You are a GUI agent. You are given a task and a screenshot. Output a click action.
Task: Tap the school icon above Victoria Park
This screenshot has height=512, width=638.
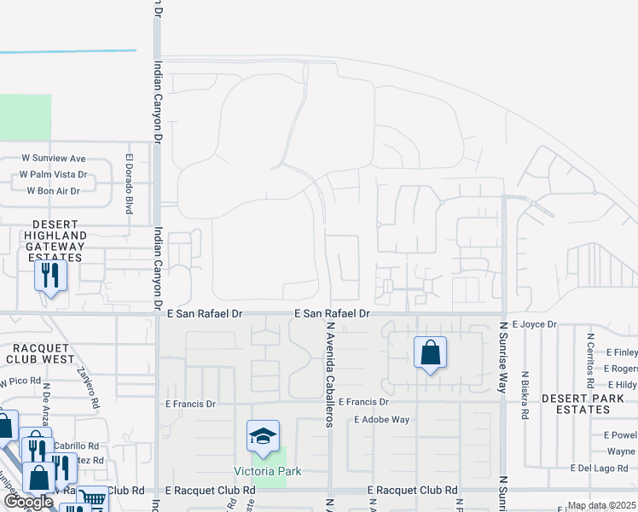[x=264, y=437]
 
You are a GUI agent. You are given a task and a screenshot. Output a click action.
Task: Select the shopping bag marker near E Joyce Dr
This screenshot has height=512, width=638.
[x=430, y=352]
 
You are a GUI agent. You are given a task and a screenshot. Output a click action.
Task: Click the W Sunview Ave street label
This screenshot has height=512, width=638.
[x=54, y=159]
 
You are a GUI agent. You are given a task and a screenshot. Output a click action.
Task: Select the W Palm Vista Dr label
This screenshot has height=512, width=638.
[x=54, y=175]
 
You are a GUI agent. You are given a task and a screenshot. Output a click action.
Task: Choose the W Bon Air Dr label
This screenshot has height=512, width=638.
[x=53, y=191]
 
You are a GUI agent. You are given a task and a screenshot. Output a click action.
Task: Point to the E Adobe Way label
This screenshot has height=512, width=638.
[x=382, y=420]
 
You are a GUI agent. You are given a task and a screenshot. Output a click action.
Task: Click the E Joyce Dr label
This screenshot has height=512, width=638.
[x=534, y=324]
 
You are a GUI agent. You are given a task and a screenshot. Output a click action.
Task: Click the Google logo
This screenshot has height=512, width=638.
[x=28, y=502]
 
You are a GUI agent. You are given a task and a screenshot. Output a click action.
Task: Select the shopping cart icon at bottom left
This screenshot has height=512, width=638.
[x=93, y=497]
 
